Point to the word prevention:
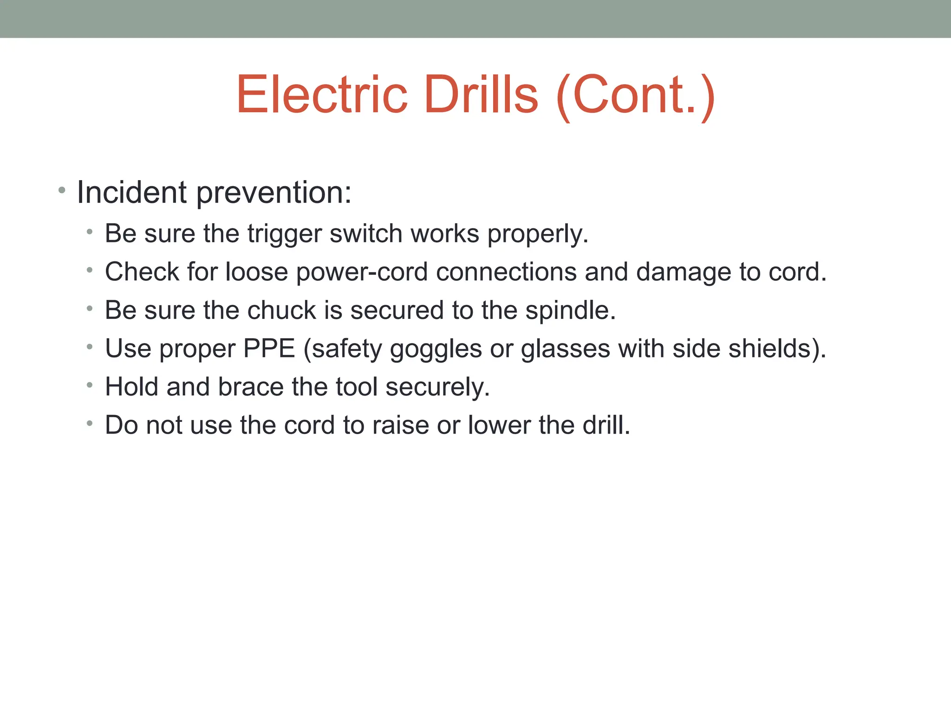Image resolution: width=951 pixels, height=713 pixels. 274,193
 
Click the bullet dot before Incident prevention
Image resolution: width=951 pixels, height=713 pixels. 62,190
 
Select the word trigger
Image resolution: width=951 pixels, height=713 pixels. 284,234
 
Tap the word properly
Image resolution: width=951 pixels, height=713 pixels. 538,234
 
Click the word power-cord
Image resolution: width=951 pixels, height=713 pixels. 362,272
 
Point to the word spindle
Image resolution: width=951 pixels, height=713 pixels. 570,311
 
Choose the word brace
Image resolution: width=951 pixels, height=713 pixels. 250,387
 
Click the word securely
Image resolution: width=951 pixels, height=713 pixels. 437,388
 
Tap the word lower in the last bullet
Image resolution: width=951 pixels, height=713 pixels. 499,425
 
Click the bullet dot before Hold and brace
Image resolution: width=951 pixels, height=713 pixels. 90,384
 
